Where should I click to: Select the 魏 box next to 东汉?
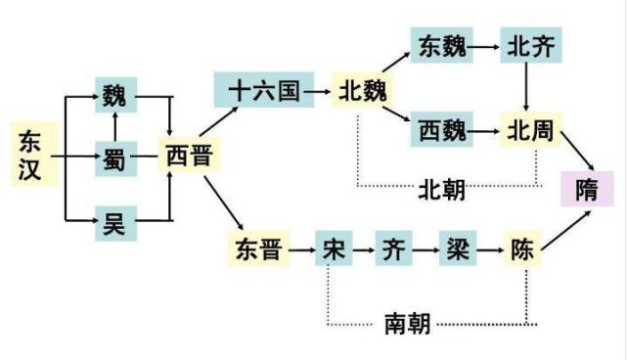(x=115, y=96)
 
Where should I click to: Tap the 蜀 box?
(x=115, y=156)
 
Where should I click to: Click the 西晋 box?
(x=190, y=156)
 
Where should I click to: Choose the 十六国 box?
(x=257, y=91)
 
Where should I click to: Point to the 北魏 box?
(x=362, y=91)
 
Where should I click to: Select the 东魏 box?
(x=442, y=47)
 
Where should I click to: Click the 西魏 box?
(x=442, y=129)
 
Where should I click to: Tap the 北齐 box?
(x=528, y=47)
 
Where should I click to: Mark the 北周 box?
(x=528, y=129)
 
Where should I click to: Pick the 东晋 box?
(x=259, y=248)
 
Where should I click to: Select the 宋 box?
(x=332, y=248)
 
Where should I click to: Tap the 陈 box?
(x=522, y=248)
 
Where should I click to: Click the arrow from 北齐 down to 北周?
(x=528, y=88)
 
